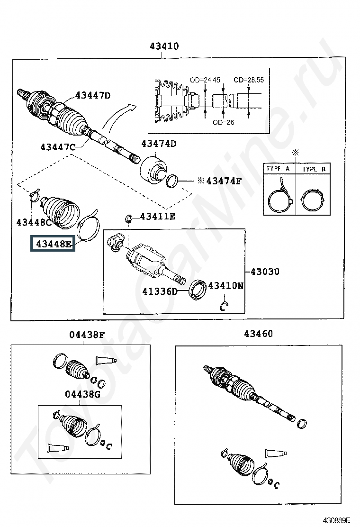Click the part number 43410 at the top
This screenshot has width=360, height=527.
(164, 46)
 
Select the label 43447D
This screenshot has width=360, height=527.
(93, 95)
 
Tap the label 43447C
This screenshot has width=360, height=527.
(58, 147)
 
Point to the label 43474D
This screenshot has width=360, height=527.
(159, 144)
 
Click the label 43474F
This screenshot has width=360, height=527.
(224, 181)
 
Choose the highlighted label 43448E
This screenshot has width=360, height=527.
(54, 244)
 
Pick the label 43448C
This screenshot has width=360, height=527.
(34, 222)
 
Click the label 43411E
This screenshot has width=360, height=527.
(158, 217)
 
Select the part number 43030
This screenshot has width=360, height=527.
(265, 271)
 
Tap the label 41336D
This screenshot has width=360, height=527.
(160, 291)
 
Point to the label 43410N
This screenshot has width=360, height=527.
(226, 286)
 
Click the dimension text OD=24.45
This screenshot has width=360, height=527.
(205, 80)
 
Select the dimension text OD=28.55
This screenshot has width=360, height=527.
(249, 80)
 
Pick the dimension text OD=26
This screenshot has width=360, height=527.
(223, 122)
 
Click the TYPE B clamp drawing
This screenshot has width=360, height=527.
(313, 200)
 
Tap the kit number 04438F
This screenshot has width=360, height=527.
(87, 335)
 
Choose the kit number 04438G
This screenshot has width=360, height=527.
(82, 394)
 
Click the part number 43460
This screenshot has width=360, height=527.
(259, 334)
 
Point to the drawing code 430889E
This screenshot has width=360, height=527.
(337, 520)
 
